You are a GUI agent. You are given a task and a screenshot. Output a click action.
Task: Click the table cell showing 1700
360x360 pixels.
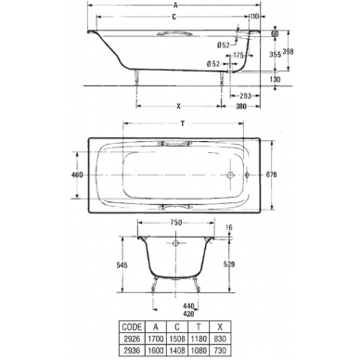pos(156,339)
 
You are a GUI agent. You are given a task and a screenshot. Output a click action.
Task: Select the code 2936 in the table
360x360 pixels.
pos(132,350)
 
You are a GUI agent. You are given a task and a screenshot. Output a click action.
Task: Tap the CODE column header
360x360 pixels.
pos(132,327)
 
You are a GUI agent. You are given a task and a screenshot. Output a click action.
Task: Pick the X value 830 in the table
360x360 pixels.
pos(220,339)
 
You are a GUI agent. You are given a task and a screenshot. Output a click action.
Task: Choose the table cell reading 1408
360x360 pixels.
pos(177,350)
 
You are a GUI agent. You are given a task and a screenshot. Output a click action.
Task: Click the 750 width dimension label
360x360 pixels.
pos(175,223)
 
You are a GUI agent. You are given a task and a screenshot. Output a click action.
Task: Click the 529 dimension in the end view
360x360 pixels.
pos(228,264)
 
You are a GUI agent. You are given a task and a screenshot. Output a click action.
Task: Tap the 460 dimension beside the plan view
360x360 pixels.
pos(77,174)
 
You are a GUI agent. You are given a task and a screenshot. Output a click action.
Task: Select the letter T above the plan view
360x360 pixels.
pos(183,123)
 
